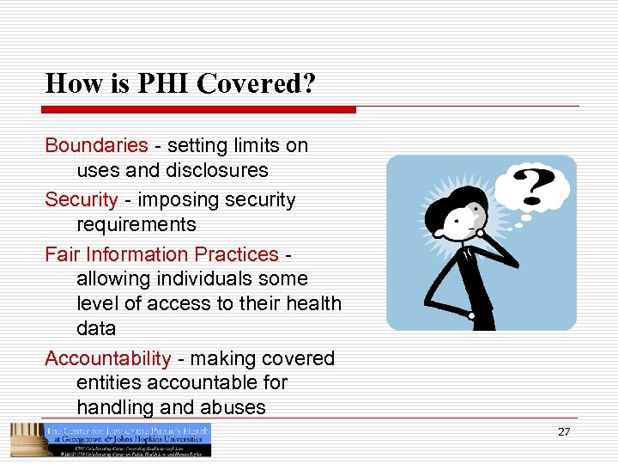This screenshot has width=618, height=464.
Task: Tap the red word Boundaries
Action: [x=96, y=145]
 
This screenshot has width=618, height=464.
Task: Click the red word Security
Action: [x=81, y=200]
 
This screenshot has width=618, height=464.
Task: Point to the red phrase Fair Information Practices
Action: [x=161, y=254]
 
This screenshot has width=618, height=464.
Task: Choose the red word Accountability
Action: [x=108, y=358]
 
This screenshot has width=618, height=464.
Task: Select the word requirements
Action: [x=136, y=225]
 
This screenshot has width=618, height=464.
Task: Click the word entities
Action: [x=105, y=382]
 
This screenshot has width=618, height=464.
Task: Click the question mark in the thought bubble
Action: [x=532, y=183]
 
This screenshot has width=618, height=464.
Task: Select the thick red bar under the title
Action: [x=200, y=110]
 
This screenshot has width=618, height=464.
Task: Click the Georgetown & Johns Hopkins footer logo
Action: [x=111, y=440]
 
